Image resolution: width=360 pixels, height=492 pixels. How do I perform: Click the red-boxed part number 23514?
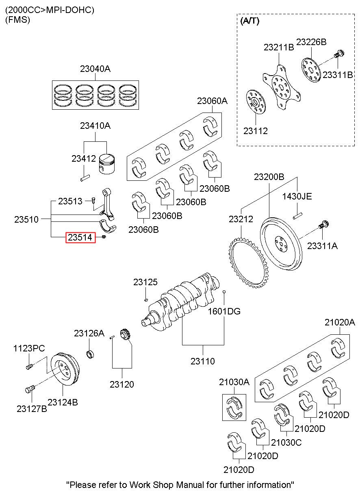[80, 237]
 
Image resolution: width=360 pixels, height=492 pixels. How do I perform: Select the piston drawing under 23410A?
[107, 164]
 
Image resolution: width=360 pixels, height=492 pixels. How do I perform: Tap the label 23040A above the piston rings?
[95, 69]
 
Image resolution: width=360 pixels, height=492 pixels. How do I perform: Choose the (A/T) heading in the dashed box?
[250, 21]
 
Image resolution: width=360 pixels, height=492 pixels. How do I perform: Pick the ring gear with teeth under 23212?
[248, 263]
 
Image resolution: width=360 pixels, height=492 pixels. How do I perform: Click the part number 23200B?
[269, 177]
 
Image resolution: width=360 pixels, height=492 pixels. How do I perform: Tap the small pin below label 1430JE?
[297, 216]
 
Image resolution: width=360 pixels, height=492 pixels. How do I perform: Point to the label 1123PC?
[29, 348]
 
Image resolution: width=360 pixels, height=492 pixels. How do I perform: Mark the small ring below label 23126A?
[90, 354]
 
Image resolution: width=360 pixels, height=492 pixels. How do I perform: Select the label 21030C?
[286, 442]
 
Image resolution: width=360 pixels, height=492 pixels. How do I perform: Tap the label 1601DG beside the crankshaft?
[224, 311]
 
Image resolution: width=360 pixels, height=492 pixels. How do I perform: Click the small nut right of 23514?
[104, 237]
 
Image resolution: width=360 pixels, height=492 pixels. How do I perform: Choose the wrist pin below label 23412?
[85, 178]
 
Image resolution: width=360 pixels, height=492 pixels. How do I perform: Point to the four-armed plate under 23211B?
[282, 87]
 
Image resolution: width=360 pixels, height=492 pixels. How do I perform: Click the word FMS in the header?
[17, 20]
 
